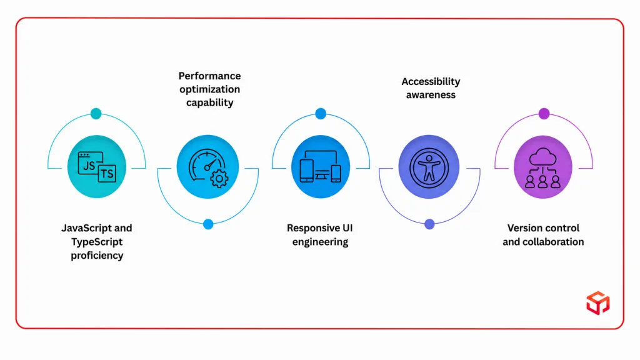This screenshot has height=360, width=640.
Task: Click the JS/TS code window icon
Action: pyautogui.click(x=97, y=167)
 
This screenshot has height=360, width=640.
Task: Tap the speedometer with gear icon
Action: pyautogui.click(x=208, y=168)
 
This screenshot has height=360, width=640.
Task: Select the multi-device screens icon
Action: pyautogui.click(x=321, y=166)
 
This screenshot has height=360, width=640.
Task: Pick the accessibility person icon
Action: pyautogui.click(x=429, y=167)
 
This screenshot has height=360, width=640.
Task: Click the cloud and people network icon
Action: pyautogui.click(x=543, y=167)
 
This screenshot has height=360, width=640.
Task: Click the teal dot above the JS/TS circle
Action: pyautogui.click(x=96, y=114)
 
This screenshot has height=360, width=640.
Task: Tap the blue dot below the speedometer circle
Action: pyautogui.click(x=208, y=224)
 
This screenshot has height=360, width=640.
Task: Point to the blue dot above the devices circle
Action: pyautogui.click(x=321, y=114)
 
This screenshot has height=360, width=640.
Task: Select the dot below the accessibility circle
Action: pyautogui.click(x=429, y=224)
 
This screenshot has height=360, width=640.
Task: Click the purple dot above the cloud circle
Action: pyautogui.click(x=544, y=114)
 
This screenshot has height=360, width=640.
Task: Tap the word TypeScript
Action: pyautogui.click(x=97, y=242)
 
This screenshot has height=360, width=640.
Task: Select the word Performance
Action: pyautogui.click(x=210, y=76)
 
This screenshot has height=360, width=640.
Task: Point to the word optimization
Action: pyautogui.click(x=210, y=89)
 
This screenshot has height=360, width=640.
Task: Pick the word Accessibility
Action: pyautogui.click(x=431, y=82)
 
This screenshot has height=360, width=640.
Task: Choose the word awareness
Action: pyautogui.click(x=431, y=95)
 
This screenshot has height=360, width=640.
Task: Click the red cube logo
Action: pyautogui.click(x=598, y=303)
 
